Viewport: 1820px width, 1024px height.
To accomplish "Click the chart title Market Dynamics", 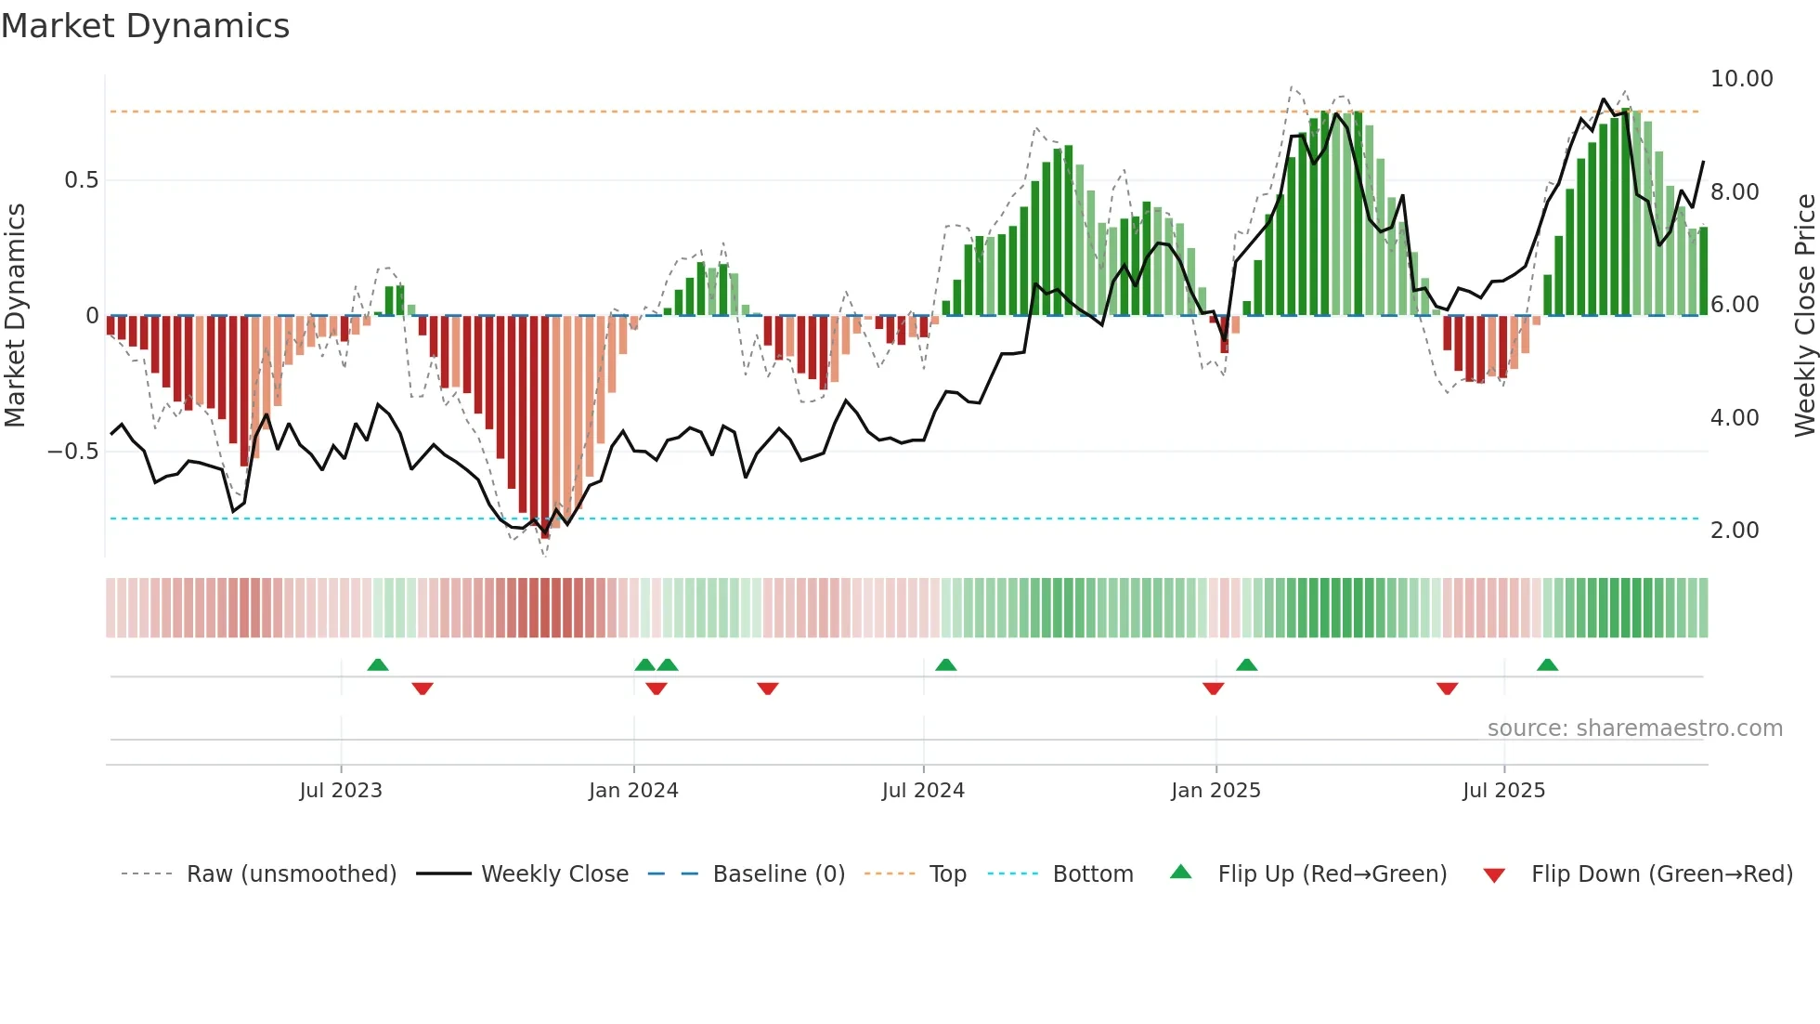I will (145, 26).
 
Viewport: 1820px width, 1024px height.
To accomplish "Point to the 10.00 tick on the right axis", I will (1741, 79).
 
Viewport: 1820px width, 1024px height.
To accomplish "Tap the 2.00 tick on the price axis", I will (1734, 531).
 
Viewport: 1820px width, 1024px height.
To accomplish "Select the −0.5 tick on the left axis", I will (72, 452).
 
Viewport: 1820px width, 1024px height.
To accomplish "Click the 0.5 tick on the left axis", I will (81, 180).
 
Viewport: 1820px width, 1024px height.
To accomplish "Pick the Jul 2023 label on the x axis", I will (341, 791).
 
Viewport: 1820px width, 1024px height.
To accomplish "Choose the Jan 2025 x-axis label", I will (1215, 791).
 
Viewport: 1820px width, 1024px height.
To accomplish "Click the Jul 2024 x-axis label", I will (923, 791).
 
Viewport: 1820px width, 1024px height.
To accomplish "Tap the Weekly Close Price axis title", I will (1804, 315).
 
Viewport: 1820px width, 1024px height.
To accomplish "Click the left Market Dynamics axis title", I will (16, 315).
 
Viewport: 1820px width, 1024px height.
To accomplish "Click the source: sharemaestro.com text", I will (1634, 729).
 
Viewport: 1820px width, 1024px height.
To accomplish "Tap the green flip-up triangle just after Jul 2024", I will (945, 665).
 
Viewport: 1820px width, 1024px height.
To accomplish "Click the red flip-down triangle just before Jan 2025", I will (1213, 689).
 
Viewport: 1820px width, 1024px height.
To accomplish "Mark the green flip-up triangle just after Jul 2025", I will (1547, 665).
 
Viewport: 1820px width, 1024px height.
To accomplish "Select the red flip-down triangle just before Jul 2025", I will (1447, 689).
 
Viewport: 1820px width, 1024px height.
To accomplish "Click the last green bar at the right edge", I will (1703, 271).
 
